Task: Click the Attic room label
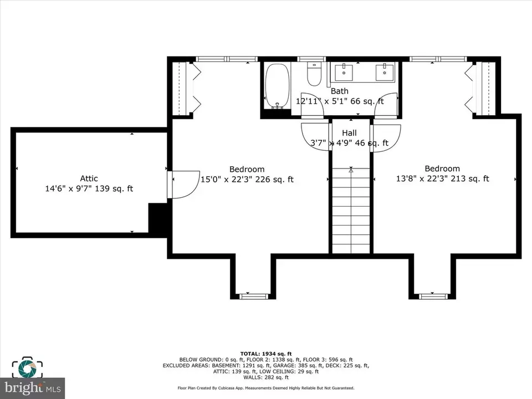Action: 89,178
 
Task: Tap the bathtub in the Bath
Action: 278,86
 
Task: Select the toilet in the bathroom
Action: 314,74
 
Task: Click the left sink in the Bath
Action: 344,72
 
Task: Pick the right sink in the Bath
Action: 385,72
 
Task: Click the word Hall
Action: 349,132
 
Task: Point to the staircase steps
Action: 351,211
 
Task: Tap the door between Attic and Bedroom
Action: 183,185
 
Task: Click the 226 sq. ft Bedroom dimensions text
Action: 247,179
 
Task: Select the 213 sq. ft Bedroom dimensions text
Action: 442,178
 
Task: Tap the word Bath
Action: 339,91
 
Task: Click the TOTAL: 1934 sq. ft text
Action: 266,354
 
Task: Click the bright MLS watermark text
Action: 33,387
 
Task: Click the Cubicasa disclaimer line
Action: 266,388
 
